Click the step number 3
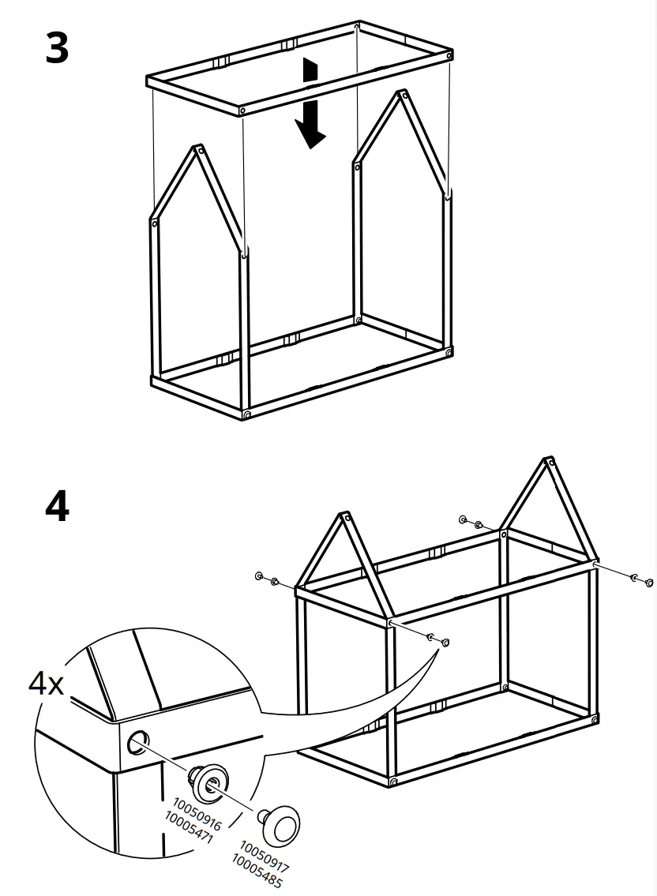[57, 49]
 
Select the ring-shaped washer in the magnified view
[210, 782]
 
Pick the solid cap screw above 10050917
[283, 825]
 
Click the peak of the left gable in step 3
[198, 148]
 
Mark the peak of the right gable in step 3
[399, 94]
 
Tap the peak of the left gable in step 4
[344, 517]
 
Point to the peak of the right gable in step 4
[547, 461]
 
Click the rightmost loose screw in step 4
[649, 583]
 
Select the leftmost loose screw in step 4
[259, 576]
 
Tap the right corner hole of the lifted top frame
[449, 56]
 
